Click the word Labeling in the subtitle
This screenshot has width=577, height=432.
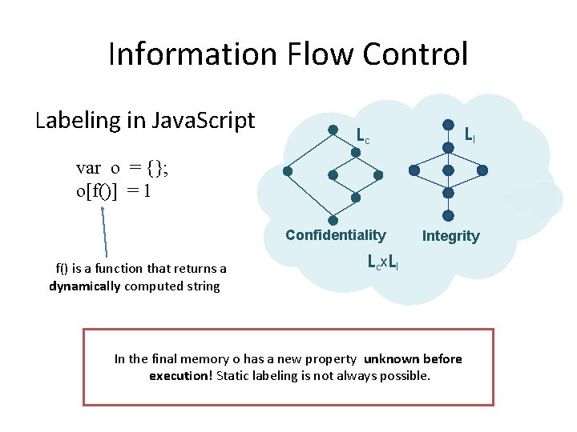pos(79,120)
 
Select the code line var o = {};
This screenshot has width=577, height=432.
pos(122,168)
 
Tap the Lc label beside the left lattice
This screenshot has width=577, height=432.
pos(362,138)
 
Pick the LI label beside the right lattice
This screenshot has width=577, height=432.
pos(470,135)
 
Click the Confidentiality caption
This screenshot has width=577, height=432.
pos(335,235)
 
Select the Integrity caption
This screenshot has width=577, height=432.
pos(450,236)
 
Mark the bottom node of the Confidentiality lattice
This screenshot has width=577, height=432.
pos(333,215)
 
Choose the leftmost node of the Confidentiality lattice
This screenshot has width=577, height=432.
pos(287,170)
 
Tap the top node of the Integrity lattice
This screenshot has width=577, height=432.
pos(449,125)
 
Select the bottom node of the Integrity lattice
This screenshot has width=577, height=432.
pos(449,215)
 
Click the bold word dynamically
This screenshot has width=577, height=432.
pos(86,286)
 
